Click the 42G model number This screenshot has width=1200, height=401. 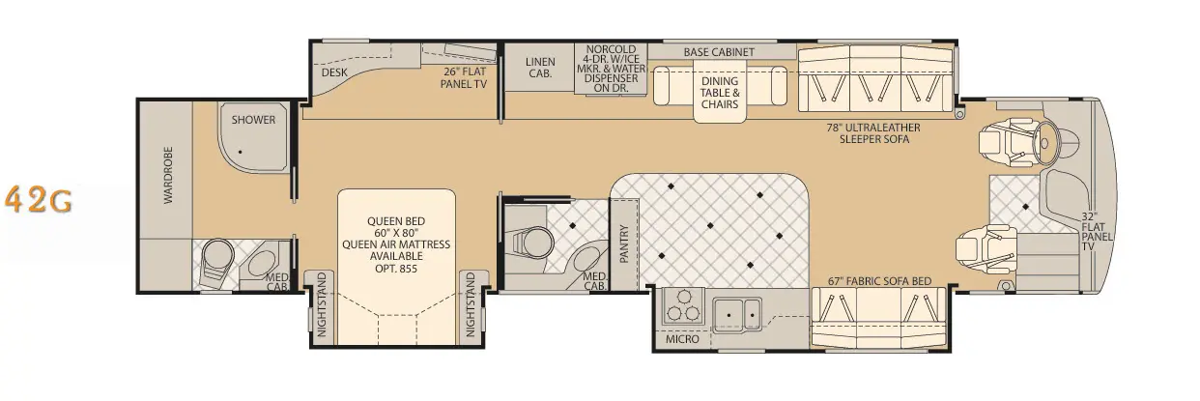(x=38, y=200)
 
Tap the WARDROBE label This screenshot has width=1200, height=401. (x=168, y=175)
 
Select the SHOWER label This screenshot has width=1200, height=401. (x=253, y=120)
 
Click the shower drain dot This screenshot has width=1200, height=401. (x=241, y=152)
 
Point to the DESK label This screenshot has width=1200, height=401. (x=334, y=72)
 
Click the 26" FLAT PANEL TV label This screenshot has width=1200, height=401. (x=464, y=77)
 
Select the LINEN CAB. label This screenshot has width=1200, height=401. (x=540, y=68)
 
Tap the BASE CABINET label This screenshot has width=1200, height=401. (x=719, y=52)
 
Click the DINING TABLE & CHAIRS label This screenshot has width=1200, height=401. (x=720, y=92)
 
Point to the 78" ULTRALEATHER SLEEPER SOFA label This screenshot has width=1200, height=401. (x=873, y=133)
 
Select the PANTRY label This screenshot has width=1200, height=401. (x=623, y=243)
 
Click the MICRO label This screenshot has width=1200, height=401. (x=682, y=339)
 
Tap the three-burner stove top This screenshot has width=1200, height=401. (x=683, y=306)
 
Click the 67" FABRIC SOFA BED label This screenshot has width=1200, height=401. (x=879, y=281)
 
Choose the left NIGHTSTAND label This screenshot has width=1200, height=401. (x=322, y=304)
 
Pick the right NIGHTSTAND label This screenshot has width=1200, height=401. (x=471, y=304)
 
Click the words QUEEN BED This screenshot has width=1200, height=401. (x=396, y=221)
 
